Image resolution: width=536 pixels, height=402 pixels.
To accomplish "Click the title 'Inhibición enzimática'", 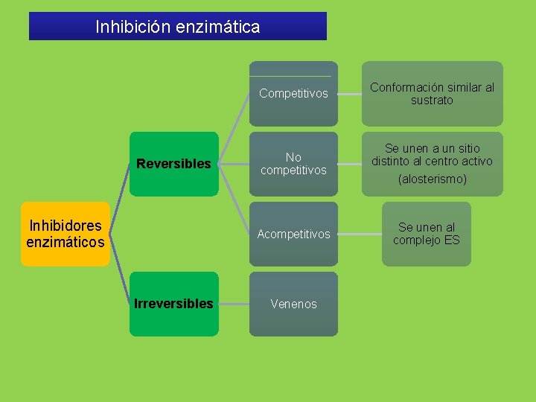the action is (178, 27).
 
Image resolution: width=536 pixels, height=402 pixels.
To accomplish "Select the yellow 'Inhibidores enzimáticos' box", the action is (66, 234).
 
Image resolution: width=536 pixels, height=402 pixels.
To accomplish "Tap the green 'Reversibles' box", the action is (174, 164).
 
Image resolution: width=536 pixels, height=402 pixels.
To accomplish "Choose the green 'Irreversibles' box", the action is (174, 304).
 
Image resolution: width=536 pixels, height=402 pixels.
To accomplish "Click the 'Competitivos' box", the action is (293, 94).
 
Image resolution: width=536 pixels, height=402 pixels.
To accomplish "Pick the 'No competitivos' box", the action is (293, 164).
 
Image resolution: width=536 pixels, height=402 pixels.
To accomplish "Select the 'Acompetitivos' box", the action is (293, 234).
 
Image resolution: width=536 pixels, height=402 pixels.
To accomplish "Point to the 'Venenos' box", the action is (293, 304).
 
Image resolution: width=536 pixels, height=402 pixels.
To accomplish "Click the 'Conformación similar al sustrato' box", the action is (432, 94).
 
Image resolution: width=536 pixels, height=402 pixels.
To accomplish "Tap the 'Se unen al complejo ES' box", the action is (427, 234).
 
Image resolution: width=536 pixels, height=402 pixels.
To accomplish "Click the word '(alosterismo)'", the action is (432, 179).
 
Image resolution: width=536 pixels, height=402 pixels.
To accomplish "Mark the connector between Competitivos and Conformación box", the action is (350, 94).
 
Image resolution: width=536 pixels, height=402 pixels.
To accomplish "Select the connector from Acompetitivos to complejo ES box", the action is (360, 234).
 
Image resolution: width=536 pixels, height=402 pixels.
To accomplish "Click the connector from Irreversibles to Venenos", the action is (234, 304).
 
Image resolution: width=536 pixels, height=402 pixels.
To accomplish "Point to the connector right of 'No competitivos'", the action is (350, 164).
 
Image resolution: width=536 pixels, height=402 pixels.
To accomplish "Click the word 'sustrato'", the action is (432, 100).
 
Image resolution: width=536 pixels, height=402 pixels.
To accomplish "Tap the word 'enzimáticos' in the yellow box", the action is (66, 241).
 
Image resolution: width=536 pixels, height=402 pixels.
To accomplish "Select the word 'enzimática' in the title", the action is (218, 28).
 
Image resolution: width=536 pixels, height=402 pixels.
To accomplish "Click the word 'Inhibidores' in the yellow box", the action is (66, 226).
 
